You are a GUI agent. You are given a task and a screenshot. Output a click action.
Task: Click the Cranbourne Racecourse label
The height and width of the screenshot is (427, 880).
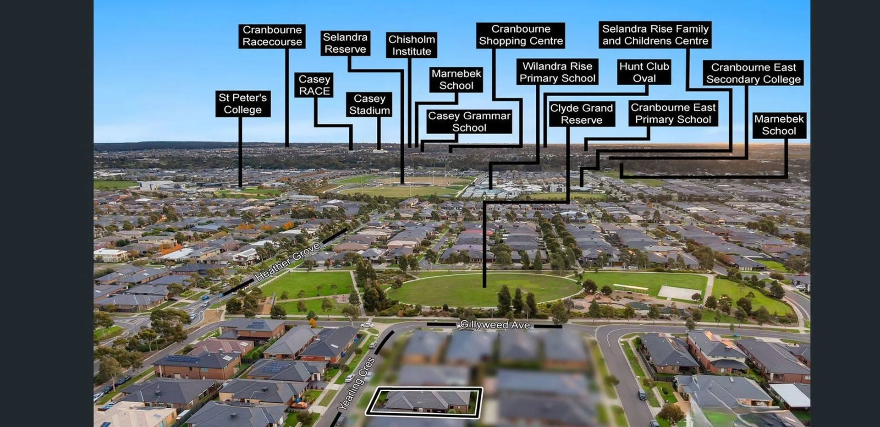tap(272, 36)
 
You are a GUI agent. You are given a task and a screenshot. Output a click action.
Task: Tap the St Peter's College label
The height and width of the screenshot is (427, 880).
tap(242, 104)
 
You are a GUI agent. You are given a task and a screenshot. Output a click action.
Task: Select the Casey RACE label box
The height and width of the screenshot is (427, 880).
tap(314, 85)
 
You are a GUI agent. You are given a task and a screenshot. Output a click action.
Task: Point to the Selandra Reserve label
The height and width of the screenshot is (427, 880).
tap(345, 43)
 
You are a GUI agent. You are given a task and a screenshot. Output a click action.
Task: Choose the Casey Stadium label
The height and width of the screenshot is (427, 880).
tap(369, 104)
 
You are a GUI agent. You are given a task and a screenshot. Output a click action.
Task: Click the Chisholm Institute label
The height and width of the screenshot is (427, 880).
tap(412, 45)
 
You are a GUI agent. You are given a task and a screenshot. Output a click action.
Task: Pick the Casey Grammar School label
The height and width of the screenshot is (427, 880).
tap(469, 121)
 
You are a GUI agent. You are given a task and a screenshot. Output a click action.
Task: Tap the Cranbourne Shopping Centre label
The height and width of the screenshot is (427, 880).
tap(521, 35)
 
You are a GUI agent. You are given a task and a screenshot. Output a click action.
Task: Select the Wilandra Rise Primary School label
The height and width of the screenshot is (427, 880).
tap(557, 72)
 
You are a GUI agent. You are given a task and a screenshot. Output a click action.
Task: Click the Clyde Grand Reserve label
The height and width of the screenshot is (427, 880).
tap(582, 114)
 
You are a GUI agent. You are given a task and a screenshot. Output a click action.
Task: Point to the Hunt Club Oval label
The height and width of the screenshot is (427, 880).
tap(644, 72)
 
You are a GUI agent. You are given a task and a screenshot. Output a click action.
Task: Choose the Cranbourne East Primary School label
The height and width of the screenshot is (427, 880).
tap(673, 113)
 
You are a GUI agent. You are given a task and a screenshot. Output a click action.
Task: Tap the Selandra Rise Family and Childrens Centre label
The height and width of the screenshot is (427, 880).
tap(655, 34)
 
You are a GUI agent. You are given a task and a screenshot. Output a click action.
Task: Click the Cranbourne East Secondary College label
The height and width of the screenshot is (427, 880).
tap(753, 73)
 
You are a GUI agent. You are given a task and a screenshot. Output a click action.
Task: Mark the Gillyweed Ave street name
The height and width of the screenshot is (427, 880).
tap(495, 325)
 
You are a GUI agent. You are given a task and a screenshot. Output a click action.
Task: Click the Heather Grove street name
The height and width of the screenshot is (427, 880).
tap(288, 262)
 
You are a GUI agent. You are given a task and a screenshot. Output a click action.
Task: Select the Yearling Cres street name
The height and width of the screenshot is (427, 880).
tap(357, 383)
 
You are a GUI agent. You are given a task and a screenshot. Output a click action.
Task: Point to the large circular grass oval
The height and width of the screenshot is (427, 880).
tap(484, 290)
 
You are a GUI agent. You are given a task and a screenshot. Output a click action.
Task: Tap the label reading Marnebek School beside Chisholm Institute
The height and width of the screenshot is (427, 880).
tap(456, 79)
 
